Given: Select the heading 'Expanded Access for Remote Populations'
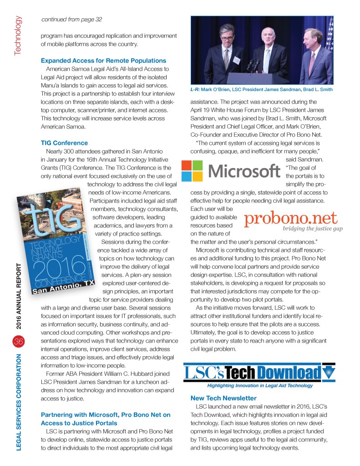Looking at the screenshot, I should tap(103, 61).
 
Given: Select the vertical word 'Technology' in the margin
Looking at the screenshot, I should tap(17, 36).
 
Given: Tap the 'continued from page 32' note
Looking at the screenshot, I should tap(71, 19).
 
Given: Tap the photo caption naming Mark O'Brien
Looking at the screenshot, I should tap(261, 89).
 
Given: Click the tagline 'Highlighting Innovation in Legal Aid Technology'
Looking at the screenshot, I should tap(260, 385).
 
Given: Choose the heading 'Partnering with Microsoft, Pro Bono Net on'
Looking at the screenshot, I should tap(106, 415).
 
